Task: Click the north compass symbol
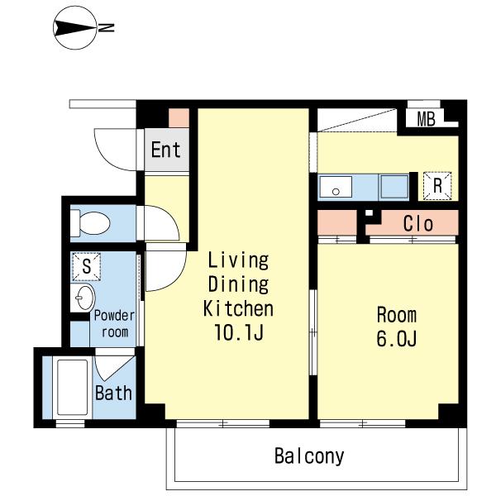[x=75, y=28]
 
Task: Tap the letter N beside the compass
[x=106, y=28]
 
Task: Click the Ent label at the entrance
[x=166, y=150]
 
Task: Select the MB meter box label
[x=426, y=119]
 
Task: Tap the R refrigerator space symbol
[x=437, y=186]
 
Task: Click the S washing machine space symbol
[x=86, y=267]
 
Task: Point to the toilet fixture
[x=90, y=223]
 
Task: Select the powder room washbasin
[x=83, y=298]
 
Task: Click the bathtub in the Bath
[x=73, y=388]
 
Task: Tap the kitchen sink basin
[x=336, y=187]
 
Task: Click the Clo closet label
[x=417, y=224]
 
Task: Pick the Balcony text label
[x=309, y=456]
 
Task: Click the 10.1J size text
[x=239, y=332]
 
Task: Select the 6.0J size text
[x=396, y=338]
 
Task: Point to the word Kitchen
[x=238, y=308]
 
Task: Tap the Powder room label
[x=114, y=323]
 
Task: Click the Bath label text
[x=113, y=393]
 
